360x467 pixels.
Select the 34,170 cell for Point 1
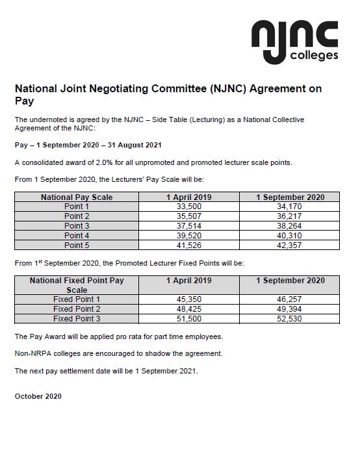pos(290,207)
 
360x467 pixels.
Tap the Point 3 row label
pos(77,226)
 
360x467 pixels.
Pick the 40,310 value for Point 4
pos(290,236)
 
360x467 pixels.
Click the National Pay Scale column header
pos(77,197)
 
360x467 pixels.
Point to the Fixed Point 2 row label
pos(77,309)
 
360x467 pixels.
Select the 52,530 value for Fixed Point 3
pos(290,319)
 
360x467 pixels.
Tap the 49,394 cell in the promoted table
pos(290,309)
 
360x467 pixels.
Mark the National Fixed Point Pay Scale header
pos(77,285)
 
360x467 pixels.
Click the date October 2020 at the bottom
pos(38,396)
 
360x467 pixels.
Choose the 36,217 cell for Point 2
pos(290,216)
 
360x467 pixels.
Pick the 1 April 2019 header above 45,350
pos(189,281)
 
